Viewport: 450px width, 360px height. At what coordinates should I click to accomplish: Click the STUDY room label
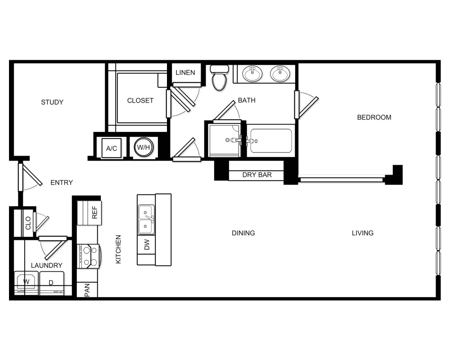(52, 102)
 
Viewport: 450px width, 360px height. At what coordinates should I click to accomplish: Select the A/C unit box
(112, 148)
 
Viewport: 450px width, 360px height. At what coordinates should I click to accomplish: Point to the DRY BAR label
(257, 175)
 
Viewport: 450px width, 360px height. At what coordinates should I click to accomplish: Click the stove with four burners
(89, 256)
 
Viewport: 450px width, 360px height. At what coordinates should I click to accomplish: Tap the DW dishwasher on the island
(146, 245)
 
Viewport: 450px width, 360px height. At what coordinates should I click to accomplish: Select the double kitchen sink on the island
(146, 220)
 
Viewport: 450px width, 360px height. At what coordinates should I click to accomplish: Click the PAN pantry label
(87, 290)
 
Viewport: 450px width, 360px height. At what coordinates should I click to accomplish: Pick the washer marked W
(27, 283)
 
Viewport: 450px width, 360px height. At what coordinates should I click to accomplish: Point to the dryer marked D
(51, 283)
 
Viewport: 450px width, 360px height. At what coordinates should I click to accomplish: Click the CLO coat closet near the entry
(28, 223)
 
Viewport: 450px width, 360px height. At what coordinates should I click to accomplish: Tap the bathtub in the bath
(271, 141)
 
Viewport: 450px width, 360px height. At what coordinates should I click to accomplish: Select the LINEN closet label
(185, 72)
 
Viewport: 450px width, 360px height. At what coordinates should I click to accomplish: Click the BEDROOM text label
(374, 117)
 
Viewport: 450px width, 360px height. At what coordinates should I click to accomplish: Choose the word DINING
(243, 233)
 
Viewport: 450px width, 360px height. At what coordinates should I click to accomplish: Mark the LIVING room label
(363, 233)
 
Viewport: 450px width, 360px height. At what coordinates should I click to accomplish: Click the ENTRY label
(62, 182)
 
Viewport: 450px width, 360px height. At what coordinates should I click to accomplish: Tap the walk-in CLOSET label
(140, 100)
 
